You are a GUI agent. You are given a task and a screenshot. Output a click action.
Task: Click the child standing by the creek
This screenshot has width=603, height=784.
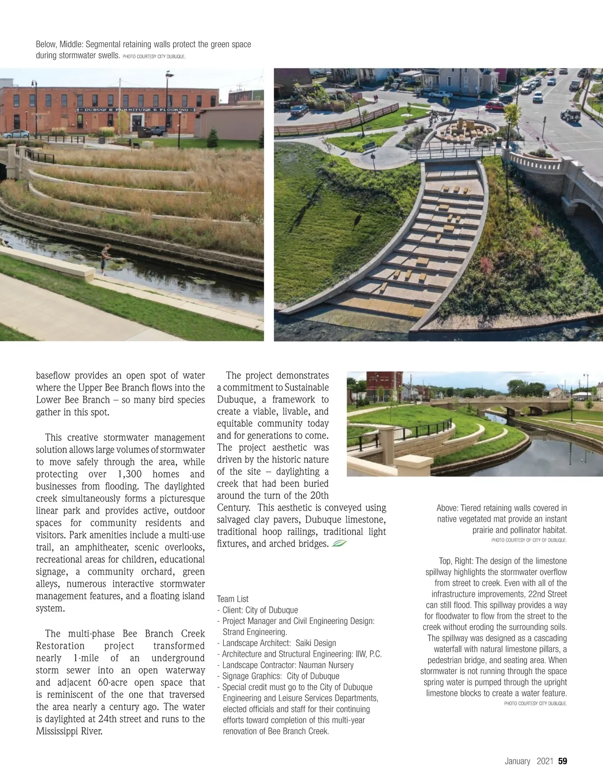pos(105,259)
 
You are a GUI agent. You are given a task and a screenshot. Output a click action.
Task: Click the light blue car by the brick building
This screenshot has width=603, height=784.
pos(16,134)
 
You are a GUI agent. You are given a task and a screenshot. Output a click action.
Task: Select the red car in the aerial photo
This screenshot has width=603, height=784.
pos(494,105)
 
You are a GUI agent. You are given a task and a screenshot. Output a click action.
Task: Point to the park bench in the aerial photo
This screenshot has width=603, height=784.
pos(369,146)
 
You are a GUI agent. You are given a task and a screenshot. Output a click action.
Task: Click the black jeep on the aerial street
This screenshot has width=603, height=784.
pos(570,115)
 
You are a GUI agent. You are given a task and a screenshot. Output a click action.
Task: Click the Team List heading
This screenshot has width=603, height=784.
pos(233,599)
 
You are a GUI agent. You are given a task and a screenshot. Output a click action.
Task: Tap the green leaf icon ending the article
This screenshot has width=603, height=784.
pos(339,543)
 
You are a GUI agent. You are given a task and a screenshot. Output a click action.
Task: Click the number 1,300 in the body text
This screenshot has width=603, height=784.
pos(130,474)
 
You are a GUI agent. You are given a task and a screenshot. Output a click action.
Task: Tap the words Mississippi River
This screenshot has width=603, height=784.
pos(69,731)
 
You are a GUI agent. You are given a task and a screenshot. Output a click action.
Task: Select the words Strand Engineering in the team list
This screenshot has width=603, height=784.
pos(254,632)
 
